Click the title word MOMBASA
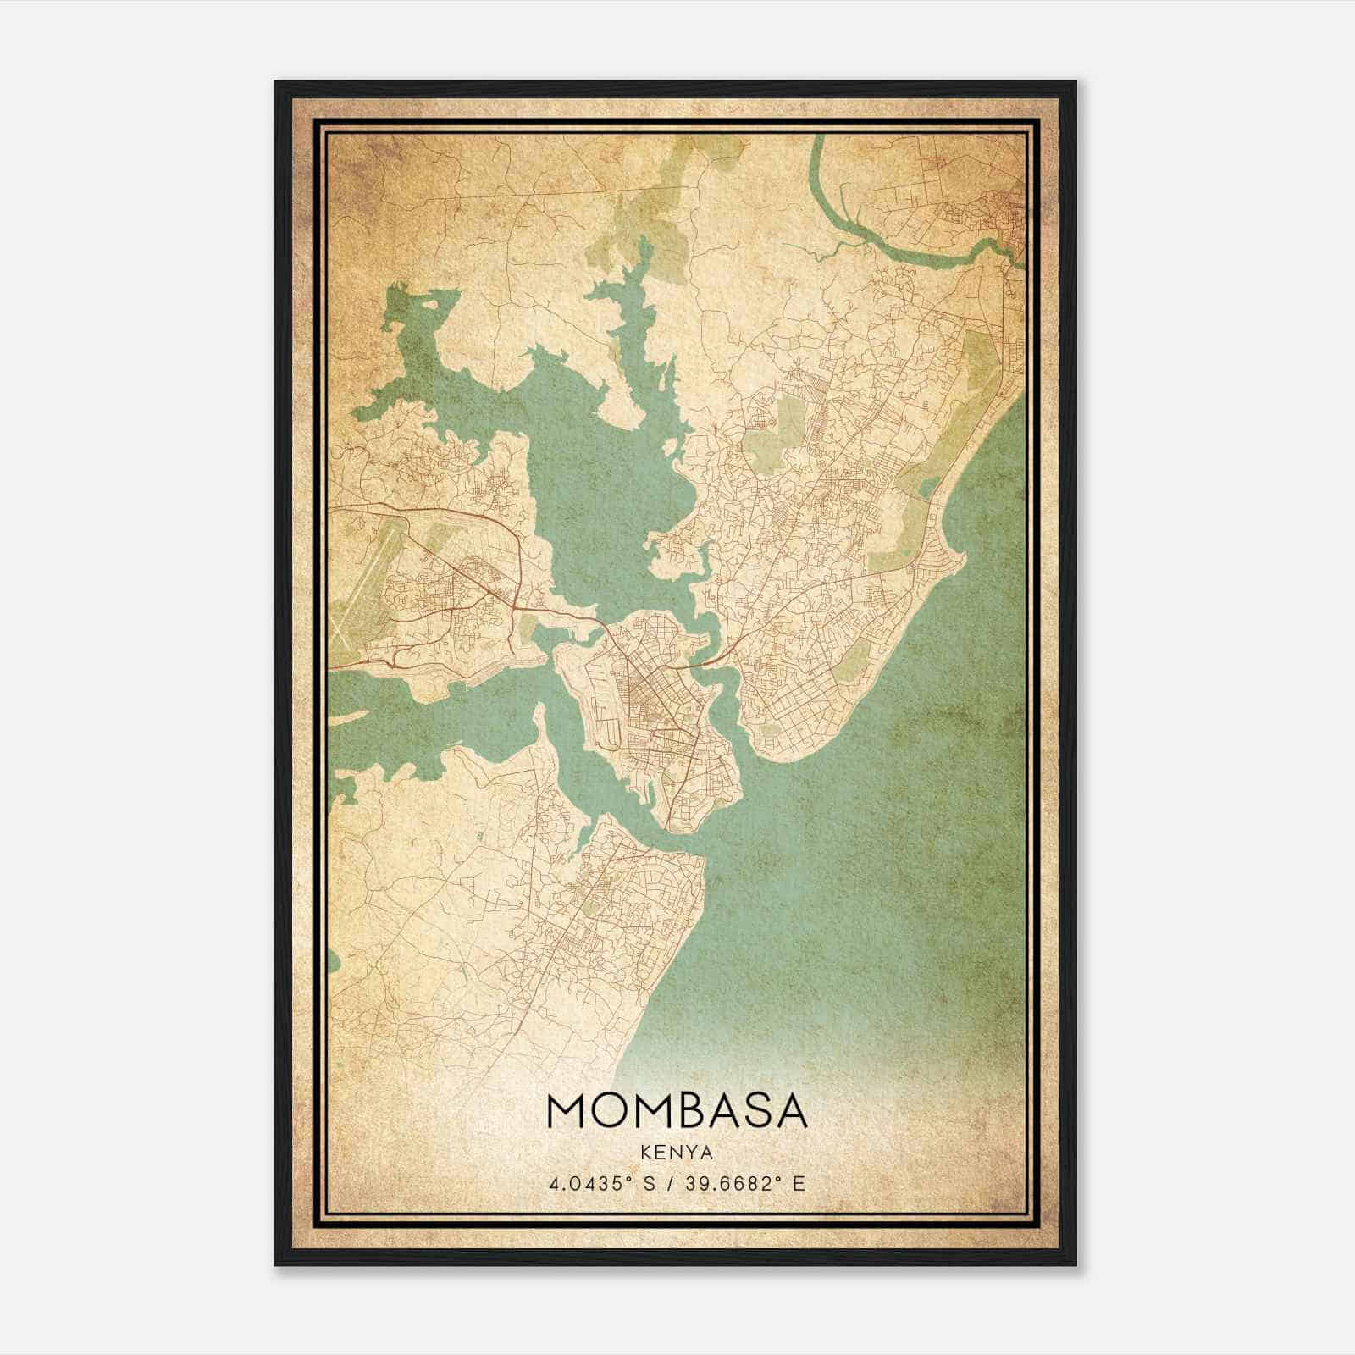[x=677, y=1110]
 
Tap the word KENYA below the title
[x=677, y=1153]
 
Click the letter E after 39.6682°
[x=798, y=1183]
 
